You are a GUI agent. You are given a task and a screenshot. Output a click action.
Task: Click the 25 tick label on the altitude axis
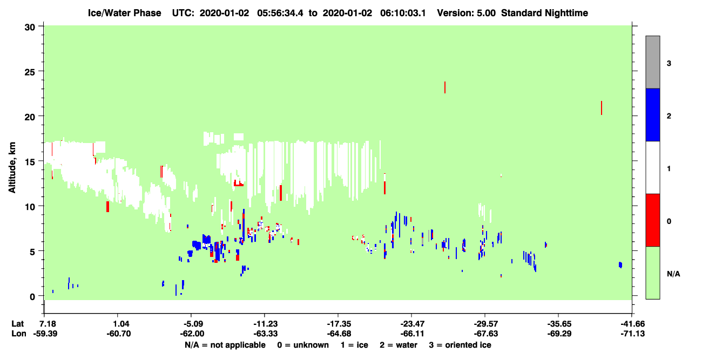(30, 72)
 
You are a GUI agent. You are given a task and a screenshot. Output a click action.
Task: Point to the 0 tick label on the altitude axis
(32, 297)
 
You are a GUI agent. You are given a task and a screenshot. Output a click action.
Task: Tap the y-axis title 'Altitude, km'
(12, 167)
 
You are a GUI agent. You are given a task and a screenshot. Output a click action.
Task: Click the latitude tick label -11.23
(265, 324)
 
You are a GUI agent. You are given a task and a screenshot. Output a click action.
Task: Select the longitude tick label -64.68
(339, 334)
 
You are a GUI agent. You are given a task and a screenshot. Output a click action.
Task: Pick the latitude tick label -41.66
(632, 324)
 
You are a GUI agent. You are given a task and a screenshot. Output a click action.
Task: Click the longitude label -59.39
(45, 334)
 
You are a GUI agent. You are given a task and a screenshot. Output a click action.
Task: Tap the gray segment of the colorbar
(652, 62)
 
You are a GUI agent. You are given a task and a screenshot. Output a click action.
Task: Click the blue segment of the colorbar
(652, 114)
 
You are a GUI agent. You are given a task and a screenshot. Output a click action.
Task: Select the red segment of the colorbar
(652, 220)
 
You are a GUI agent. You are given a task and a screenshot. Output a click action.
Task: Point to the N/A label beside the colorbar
(673, 274)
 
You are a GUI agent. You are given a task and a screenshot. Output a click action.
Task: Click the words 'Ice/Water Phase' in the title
(124, 13)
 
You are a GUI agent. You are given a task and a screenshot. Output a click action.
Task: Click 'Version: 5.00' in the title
(467, 13)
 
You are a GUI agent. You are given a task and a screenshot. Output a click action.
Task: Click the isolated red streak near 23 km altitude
(445, 87)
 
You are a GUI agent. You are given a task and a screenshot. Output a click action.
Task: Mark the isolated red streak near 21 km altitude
(602, 108)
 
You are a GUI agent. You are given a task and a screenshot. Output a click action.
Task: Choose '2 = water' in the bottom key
(399, 345)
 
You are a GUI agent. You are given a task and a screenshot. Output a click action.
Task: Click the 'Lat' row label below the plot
(17, 324)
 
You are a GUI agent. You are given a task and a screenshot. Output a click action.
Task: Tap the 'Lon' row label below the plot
(19, 334)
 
